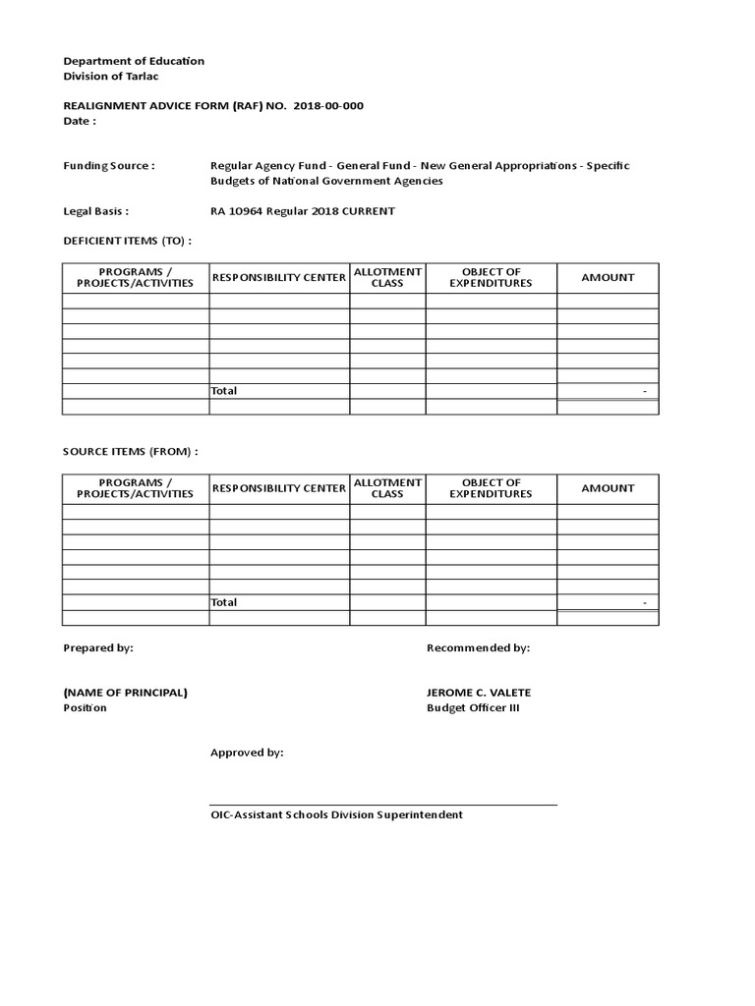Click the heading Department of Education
[134, 61]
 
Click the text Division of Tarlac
[110, 77]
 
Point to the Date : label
[80, 121]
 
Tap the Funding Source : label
[108, 166]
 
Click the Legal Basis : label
[96, 211]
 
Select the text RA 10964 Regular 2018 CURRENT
[303, 211]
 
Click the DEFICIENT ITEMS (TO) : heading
[127, 241]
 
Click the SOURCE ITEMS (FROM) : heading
[131, 452]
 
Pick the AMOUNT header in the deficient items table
[608, 277]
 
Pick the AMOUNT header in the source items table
[608, 488]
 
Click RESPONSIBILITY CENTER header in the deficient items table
[279, 277]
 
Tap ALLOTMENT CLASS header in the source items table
[387, 488]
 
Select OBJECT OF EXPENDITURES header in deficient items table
[491, 277]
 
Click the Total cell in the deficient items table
[224, 391]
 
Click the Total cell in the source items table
[224, 602]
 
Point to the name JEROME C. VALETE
[479, 693]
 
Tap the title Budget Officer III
[472, 708]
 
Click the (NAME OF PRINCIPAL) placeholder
[125, 693]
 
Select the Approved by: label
[247, 753]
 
